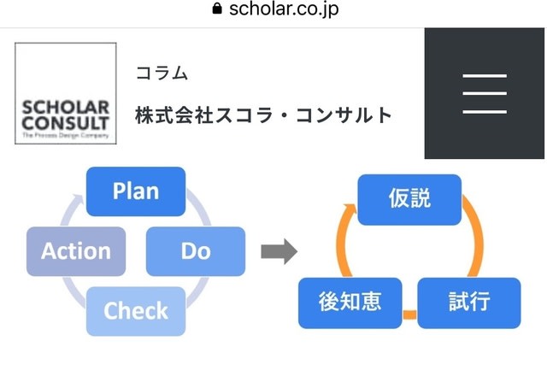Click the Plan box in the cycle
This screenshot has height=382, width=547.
pyautogui.click(x=136, y=191)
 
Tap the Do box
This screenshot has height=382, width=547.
pyautogui.click(x=196, y=251)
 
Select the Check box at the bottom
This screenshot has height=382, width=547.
pyautogui.click(x=136, y=311)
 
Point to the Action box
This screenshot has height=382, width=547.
pyautogui.click(x=76, y=251)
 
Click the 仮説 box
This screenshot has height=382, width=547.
pyautogui.click(x=409, y=200)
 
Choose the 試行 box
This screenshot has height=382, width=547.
pyautogui.click(x=469, y=303)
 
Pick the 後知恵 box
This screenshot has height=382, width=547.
pyautogui.click(x=350, y=303)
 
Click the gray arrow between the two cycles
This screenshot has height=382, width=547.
pyautogui.click(x=279, y=251)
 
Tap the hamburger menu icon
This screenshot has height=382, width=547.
pyautogui.click(x=485, y=93)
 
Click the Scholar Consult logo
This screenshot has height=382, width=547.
pyautogui.click(x=66, y=93)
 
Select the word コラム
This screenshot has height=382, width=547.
pyautogui.click(x=162, y=73)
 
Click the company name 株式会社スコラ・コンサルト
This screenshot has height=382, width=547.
pyautogui.click(x=264, y=115)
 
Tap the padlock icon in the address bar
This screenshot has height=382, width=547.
pyautogui.click(x=217, y=9)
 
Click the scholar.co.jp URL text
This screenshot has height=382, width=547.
pyautogui.click(x=284, y=9)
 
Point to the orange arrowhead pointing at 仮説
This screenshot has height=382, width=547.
pyautogui.click(x=350, y=211)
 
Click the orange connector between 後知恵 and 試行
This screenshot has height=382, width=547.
pyautogui.click(x=409, y=314)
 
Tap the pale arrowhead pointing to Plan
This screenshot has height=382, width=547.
pyautogui.click(x=77, y=202)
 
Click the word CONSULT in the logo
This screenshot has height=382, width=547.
pyautogui.click(x=66, y=123)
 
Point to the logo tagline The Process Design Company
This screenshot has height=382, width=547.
pyautogui.click(x=66, y=135)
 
